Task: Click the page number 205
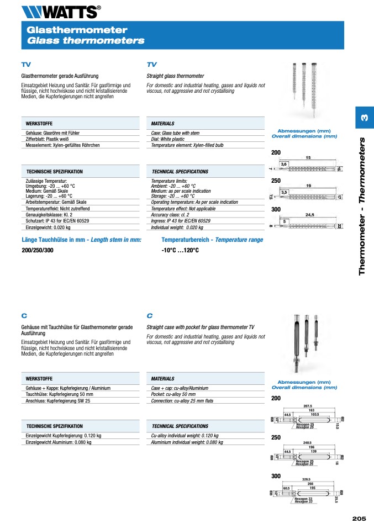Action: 359,519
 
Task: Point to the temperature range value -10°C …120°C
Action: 180,250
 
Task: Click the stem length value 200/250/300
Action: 38,250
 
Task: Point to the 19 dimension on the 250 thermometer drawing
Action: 309,186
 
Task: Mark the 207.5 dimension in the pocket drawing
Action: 308,406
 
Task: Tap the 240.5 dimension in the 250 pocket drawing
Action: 308,443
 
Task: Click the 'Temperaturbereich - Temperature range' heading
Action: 212,240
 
